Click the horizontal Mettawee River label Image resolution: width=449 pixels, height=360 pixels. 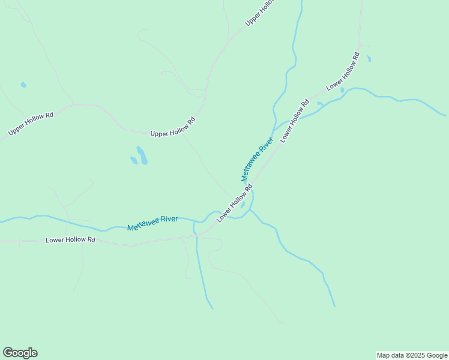152,223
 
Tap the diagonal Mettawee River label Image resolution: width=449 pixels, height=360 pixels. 257,159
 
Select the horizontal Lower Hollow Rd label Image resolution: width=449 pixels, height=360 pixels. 71,240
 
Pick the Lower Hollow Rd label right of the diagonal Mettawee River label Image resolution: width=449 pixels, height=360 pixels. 294,120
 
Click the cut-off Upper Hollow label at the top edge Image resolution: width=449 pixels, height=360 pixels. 259,13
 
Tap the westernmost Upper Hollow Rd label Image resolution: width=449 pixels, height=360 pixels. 31,123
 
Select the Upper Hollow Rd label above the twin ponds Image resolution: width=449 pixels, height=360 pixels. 173,127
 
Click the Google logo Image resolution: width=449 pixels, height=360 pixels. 20,353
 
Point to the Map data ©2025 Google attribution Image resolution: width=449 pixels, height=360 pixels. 412,355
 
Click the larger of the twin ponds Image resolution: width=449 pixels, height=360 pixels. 142,155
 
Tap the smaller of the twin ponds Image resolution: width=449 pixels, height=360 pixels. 134,160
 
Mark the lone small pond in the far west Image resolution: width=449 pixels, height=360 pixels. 23,85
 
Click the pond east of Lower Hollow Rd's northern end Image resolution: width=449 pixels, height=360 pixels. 369,59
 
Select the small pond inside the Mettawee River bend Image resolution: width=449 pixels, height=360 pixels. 243,204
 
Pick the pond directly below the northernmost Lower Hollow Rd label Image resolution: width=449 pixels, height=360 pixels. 342,90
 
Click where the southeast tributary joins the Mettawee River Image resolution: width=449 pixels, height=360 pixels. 251,211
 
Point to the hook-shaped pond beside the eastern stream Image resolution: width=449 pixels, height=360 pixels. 320,105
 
